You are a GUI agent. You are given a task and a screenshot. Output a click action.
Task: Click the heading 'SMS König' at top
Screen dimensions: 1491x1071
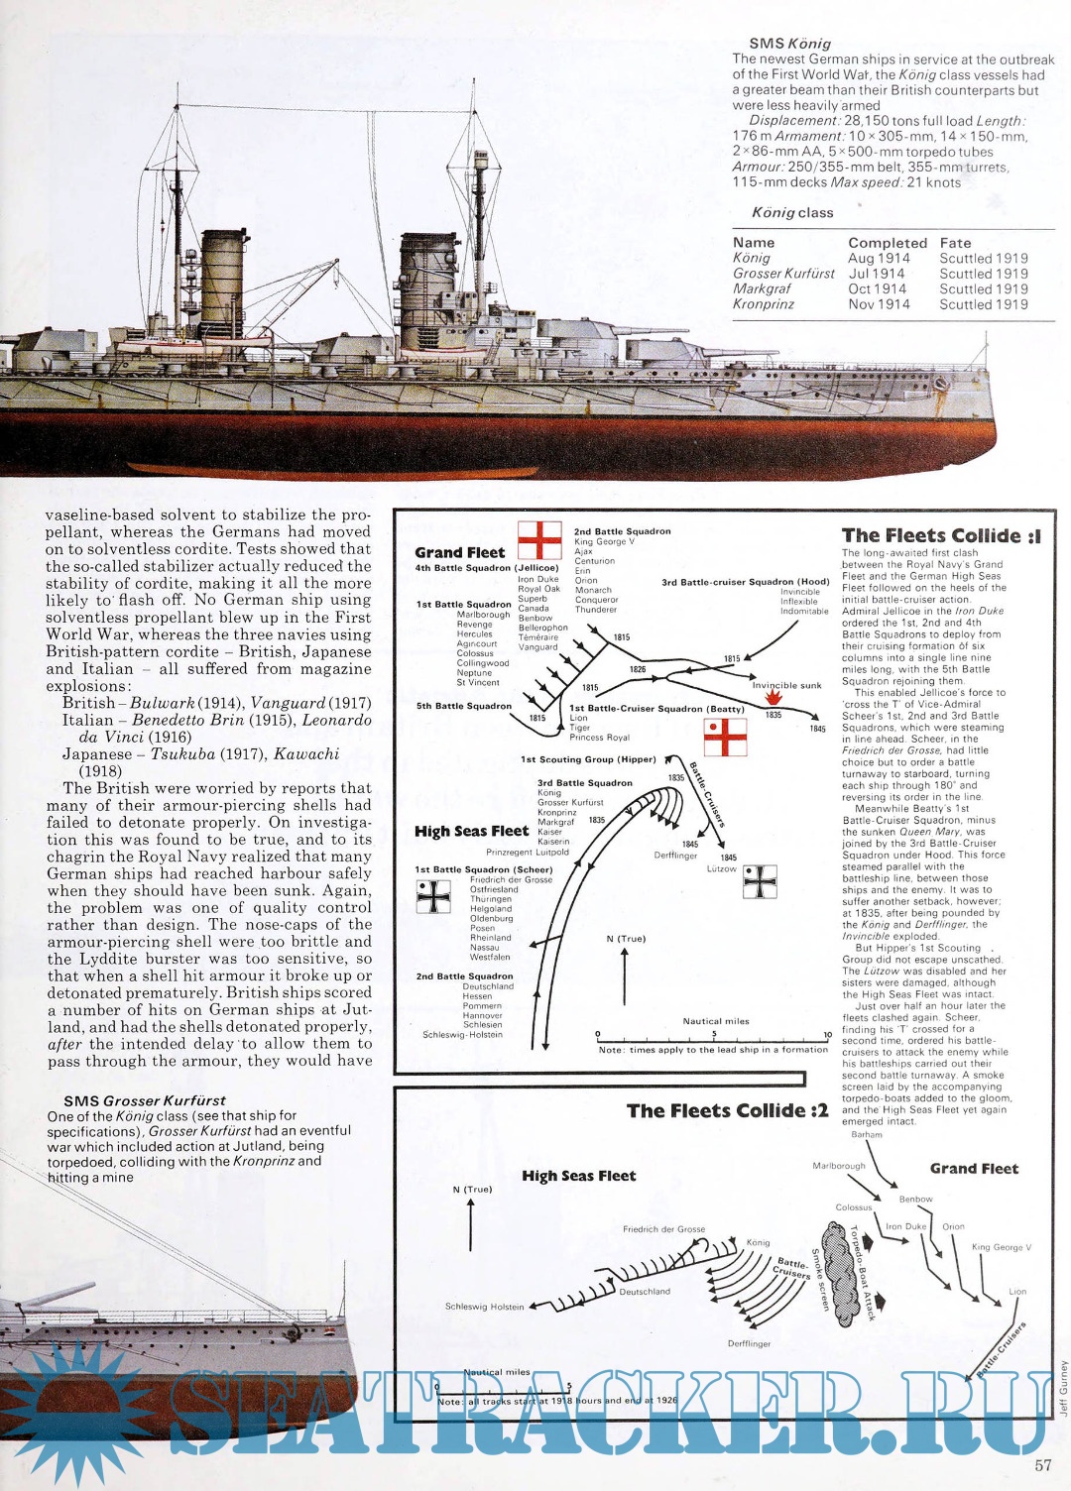(x=789, y=44)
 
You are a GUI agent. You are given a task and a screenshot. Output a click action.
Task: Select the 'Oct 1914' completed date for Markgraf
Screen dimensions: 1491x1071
(x=877, y=288)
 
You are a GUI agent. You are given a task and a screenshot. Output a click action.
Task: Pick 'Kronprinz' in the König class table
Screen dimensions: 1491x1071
(x=763, y=304)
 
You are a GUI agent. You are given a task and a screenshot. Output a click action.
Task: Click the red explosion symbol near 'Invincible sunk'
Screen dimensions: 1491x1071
(x=774, y=698)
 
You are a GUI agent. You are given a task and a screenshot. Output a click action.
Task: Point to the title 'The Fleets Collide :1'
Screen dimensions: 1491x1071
(x=940, y=535)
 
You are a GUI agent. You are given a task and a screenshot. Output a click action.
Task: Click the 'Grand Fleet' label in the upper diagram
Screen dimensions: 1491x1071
(x=459, y=552)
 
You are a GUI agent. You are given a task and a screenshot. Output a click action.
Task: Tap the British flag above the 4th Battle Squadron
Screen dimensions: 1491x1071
(x=539, y=539)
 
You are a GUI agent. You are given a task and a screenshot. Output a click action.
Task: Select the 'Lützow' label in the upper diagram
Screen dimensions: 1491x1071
(x=722, y=868)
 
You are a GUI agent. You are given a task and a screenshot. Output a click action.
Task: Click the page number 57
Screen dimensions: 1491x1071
(x=1042, y=1465)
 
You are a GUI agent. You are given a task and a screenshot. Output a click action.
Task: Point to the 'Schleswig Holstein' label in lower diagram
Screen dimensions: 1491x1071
(x=484, y=1307)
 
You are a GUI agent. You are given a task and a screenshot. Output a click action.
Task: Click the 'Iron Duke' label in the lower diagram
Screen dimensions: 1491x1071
(x=905, y=1226)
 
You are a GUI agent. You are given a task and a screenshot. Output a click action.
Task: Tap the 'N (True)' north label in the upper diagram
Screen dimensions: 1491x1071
(x=625, y=938)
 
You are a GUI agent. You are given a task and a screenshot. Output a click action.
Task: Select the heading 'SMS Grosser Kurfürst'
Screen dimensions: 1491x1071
(x=144, y=1100)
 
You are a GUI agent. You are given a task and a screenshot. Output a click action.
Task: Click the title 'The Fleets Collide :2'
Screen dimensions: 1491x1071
(x=726, y=1110)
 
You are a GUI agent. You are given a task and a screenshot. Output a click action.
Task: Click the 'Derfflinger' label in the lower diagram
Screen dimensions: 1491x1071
(x=749, y=1343)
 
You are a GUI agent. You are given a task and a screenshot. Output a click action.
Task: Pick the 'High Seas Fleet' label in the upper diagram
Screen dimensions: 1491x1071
(x=471, y=831)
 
